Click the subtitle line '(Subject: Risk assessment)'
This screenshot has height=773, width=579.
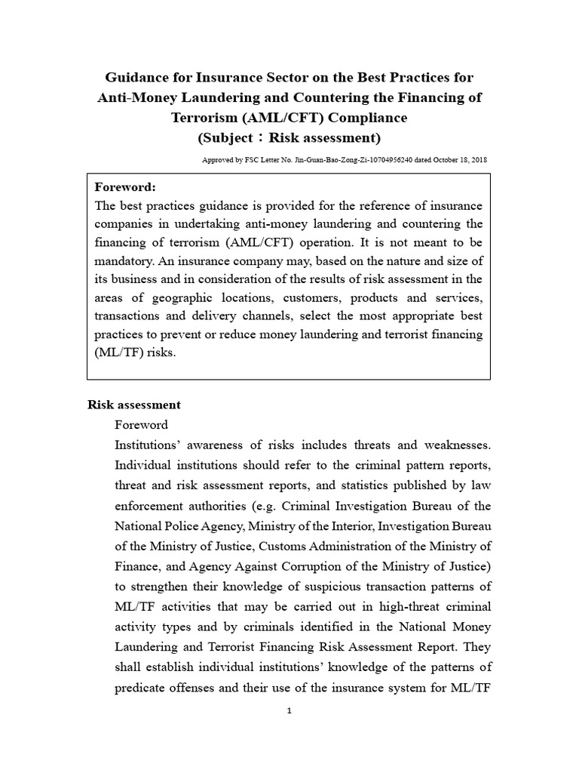289,137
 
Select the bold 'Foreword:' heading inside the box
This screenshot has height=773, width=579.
125,187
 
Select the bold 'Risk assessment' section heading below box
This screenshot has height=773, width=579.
134,405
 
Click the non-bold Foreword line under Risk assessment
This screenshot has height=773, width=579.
141,424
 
